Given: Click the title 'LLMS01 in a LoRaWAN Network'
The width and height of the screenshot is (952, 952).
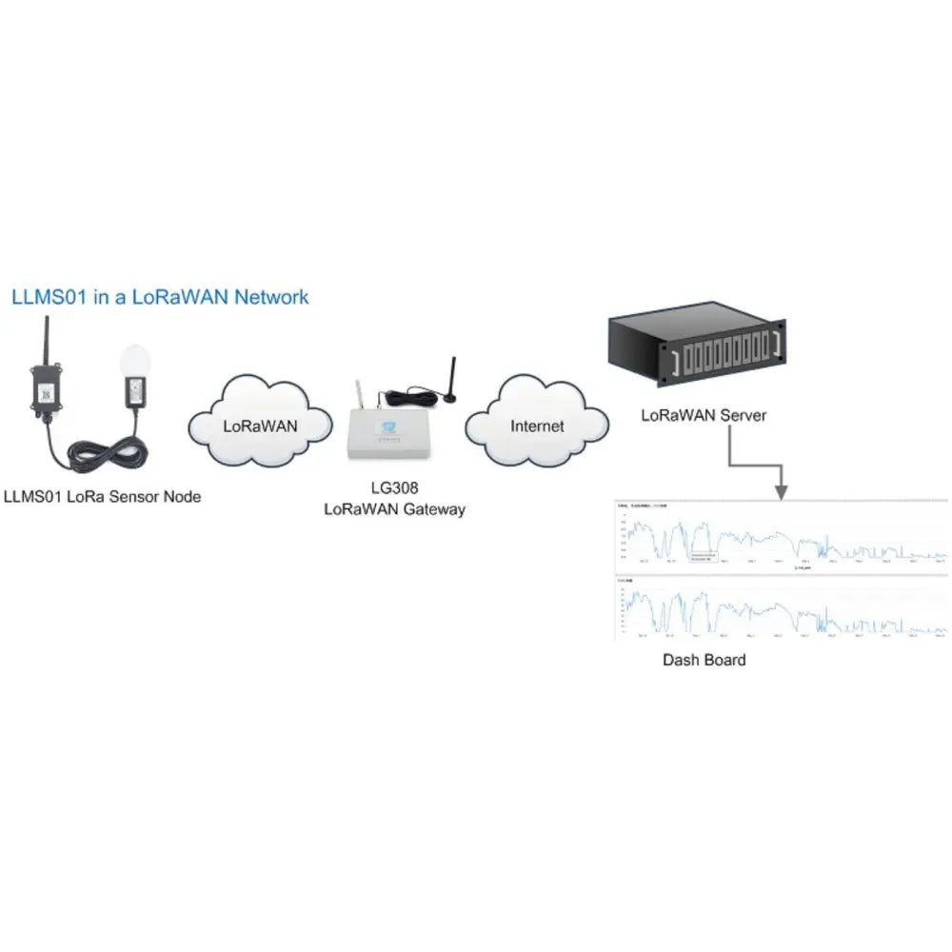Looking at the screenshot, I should point(160,297).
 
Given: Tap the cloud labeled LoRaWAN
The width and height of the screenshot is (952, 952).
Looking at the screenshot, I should point(260,426).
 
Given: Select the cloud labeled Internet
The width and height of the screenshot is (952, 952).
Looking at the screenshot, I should point(537,426).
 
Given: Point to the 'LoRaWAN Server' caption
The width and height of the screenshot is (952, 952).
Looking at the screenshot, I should point(703,415).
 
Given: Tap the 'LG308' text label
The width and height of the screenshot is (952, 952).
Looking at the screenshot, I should point(394,487).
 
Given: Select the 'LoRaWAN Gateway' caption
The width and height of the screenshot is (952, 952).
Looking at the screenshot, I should point(394,509).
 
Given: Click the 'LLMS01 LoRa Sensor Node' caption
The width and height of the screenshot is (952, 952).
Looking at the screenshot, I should point(102,496).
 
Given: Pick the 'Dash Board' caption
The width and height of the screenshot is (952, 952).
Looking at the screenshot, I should point(704,659).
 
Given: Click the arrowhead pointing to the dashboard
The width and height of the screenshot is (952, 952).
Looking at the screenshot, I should point(782,491).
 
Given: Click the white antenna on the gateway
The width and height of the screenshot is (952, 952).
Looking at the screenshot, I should point(360,395).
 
